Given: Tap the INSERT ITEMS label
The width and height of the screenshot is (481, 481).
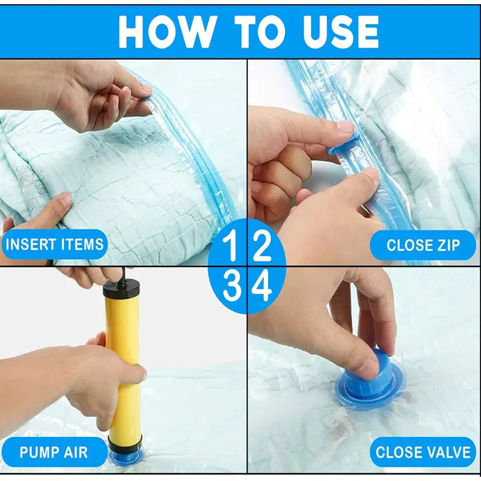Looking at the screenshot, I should point(54,245).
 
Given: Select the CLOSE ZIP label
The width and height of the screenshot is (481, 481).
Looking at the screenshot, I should point(422,245).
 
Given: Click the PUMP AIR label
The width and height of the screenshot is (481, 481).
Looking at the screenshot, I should point(54,452).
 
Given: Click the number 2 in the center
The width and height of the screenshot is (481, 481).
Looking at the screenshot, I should point(262,247).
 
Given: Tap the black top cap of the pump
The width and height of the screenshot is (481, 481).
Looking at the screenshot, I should point(121,289).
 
